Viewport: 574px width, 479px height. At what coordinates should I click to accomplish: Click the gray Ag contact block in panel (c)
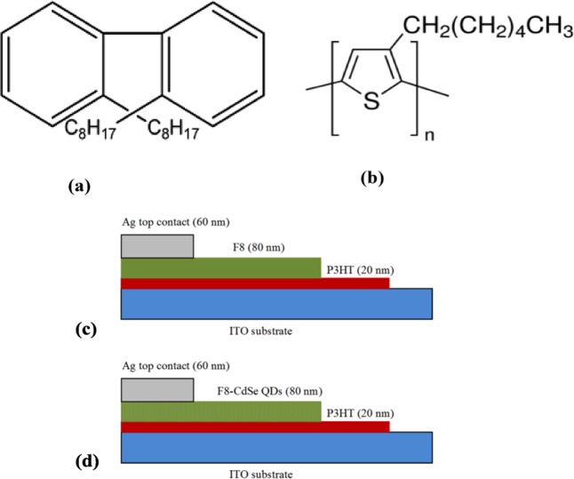point(156,246)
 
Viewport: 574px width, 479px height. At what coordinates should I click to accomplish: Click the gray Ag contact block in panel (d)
point(156,388)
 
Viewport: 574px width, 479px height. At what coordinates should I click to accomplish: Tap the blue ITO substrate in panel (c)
point(275,302)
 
